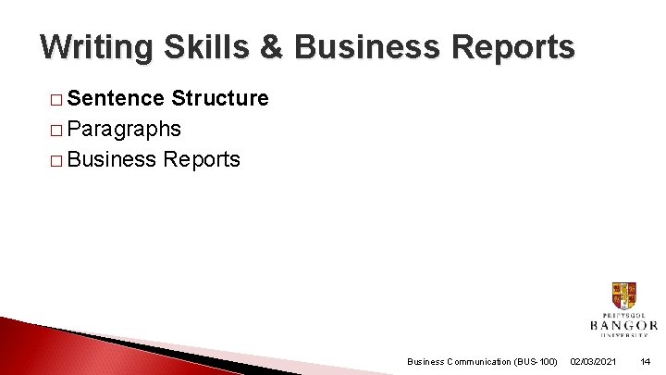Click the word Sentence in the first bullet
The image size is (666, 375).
117,98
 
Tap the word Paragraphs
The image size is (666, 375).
124,129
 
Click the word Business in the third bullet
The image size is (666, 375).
112,159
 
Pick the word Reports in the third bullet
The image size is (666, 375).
201,159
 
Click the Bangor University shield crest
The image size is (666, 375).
623,296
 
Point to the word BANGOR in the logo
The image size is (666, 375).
623,326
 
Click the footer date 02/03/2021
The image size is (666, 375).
594,361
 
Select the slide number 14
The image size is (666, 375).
645,361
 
